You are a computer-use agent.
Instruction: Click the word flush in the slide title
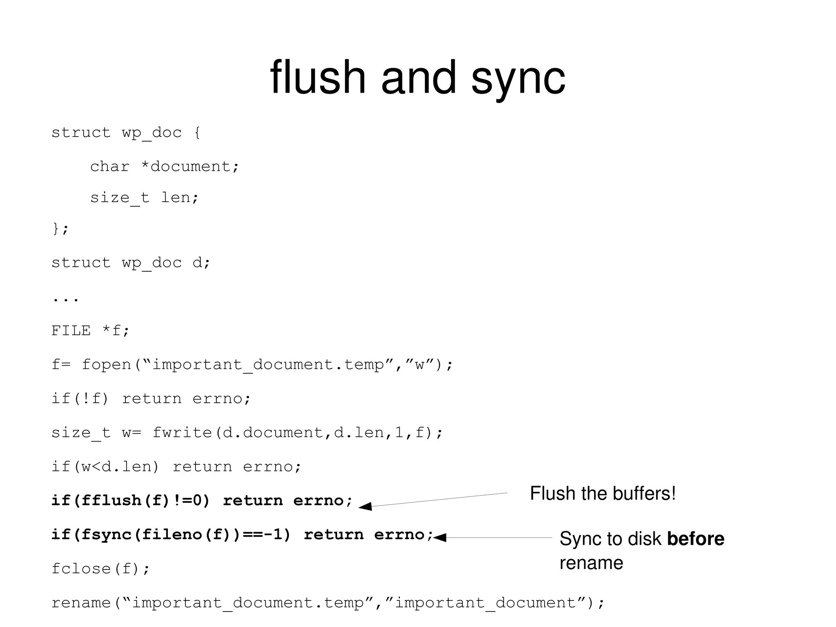point(318,78)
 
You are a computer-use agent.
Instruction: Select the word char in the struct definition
point(109,167)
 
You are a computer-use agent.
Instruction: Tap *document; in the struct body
point(190,167)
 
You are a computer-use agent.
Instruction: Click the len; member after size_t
point(180,198)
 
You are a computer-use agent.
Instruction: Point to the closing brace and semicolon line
point(60,229)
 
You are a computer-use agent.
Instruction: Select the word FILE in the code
point(71,330)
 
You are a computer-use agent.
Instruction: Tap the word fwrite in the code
point(182,433)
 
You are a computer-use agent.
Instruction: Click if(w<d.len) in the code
point(105,466)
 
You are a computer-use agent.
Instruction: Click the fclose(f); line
point(100,569)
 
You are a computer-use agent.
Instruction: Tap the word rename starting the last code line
point(81,603)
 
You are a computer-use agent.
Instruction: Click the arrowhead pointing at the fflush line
point(365,507)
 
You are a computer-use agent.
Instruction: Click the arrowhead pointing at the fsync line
point(440,538)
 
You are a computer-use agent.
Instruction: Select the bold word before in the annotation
point(695,539)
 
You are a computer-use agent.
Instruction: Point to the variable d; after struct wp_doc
point(201,263)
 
